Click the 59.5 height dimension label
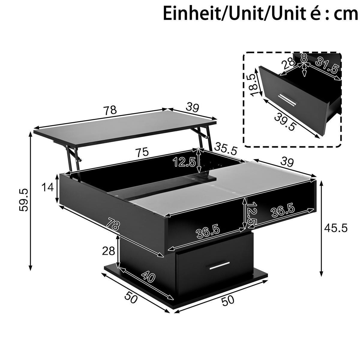pyautogui.click(x=24, y=200)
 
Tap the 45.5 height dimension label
pyautogui.click(x=336, y=228)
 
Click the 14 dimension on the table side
pyautogui.click(x=48, y=187)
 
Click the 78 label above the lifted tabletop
pyautogui.click(x=110, y=110)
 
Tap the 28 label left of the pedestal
pyautogui.click(x=108, y=251)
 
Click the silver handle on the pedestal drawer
pyautogui.click(x=219, y=265)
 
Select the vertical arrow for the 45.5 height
pyautogui.click(x=322, y=228)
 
